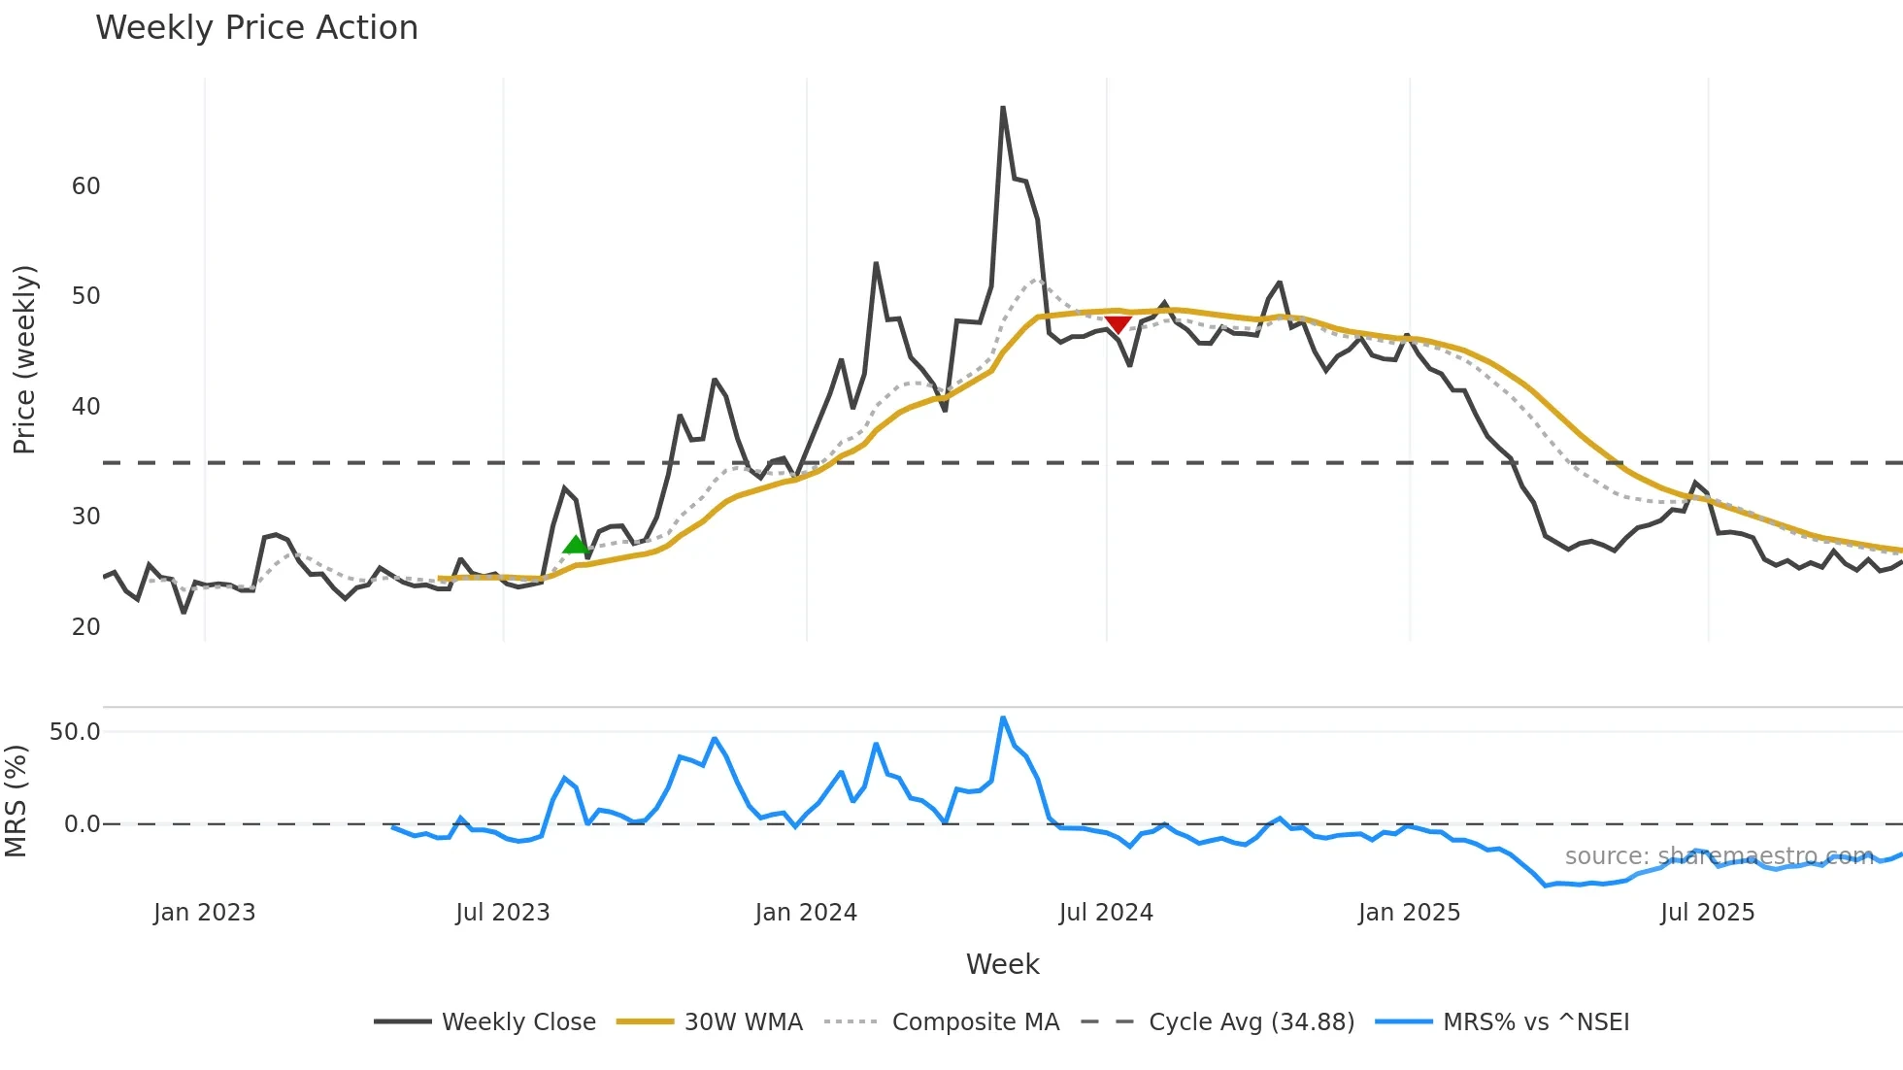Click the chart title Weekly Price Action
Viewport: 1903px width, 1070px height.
tap(256, 28)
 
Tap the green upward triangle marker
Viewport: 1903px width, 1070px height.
tap(576, 545)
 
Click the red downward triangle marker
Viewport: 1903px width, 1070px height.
tap(1118, 323)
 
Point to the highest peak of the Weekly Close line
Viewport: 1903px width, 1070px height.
tap(1003, 108)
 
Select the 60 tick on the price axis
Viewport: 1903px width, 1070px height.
tap(85, 186)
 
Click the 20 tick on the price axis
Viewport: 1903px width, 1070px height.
tap(85, 627)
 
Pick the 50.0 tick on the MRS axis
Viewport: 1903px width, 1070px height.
tap(75, 732)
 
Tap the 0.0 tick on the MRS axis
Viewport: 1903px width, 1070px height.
tap(82, 824)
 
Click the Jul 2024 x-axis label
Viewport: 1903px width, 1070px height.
tap(1106, 913)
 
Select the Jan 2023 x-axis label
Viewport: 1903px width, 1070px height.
tap(204, 913)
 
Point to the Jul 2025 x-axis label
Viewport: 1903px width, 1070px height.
tap(1707, 913)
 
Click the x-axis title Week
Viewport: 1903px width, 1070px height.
tap(1002, 964)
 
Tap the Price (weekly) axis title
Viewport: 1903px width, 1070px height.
tap(24, 359)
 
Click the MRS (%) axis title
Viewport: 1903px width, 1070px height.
tap(16, 801)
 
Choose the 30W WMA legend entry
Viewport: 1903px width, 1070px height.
tap(743, 1022)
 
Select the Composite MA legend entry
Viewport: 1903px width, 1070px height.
tap(975, 1022)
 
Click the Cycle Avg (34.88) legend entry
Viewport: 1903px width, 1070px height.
tap(1251, 1022)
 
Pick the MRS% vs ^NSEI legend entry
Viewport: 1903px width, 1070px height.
tap(1535, 1022)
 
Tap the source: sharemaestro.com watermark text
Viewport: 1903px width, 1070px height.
tap(1719, 856)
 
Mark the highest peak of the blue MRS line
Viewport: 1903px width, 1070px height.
tap(1003, 719)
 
